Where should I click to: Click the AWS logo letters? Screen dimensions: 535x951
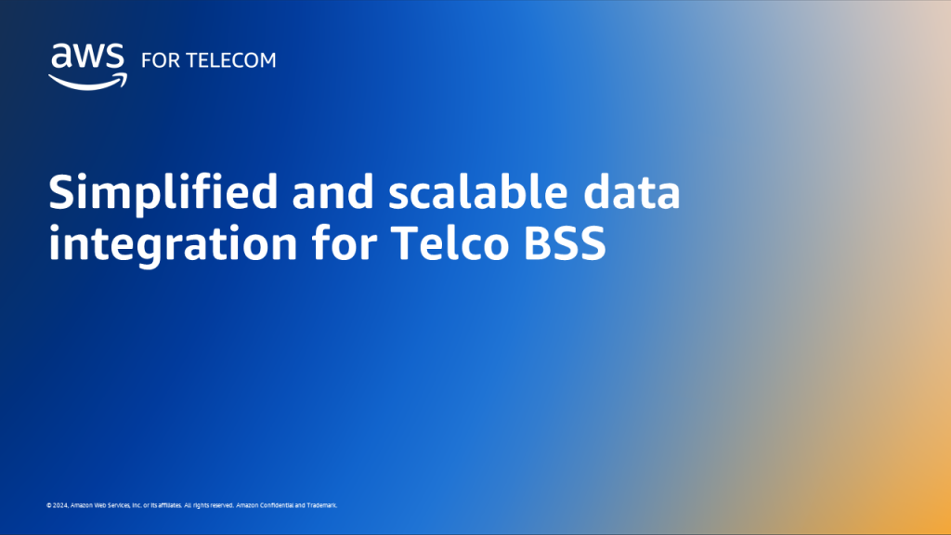coord(86,58)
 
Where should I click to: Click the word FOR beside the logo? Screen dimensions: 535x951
coord(157,60)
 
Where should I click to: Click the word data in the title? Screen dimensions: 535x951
coord(636,192)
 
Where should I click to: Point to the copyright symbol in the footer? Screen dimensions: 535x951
coord(48,505)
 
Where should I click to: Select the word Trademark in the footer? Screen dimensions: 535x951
coord(321,505)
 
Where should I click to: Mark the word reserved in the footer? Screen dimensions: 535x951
coord(220,505)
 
